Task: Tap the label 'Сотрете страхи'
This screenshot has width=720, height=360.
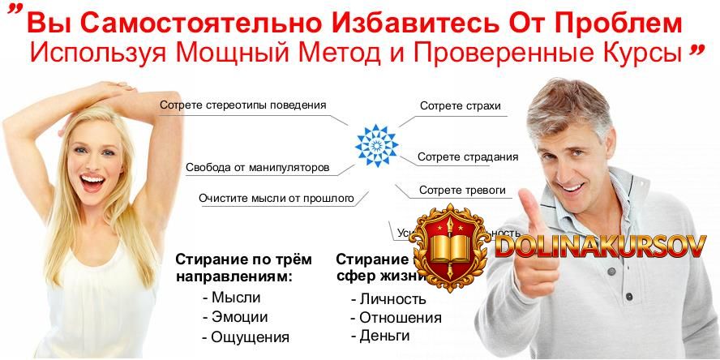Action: (460, 106)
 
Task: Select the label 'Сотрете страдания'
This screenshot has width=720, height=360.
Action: (468, 156)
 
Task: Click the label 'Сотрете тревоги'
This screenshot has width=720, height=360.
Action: (462, 191)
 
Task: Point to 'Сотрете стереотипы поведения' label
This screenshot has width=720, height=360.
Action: (243, 105)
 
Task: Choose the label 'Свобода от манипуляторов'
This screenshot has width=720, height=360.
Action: (257, 168)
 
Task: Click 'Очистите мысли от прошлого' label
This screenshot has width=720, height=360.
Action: (276, 197)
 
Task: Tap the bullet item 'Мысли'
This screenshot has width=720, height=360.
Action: (231, 297)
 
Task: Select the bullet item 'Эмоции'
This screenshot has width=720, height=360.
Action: (235, 317)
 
